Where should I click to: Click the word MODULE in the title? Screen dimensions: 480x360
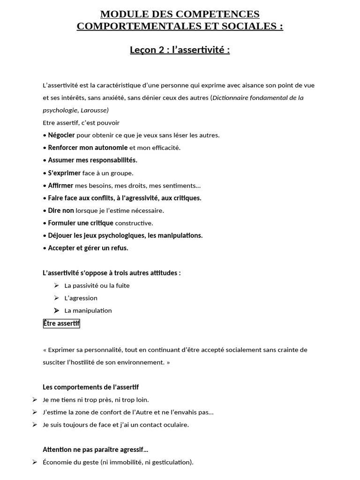[123, 14]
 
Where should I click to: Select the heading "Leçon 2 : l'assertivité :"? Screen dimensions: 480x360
[180, 50]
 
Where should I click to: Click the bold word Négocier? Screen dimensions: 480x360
[61, 135]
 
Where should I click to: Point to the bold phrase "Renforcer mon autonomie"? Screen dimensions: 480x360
[88, 148]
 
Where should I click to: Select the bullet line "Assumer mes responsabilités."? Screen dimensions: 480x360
[92, 160]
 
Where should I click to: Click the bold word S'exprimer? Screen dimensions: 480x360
[64, 173]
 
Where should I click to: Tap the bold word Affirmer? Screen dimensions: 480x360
[60, 186]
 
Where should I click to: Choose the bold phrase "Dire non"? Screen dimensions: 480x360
[61, 210]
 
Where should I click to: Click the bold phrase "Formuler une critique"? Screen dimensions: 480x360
[81, 223]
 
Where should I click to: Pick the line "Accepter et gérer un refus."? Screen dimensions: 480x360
[88, 248]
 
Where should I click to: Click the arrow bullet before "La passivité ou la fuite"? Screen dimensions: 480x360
[56, 285]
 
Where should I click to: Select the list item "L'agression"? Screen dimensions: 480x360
[81, 298]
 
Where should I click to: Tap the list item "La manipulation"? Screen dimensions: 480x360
[88, 310]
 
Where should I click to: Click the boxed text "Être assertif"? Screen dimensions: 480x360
[61, 323]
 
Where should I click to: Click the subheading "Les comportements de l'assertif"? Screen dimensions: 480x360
[90, 387]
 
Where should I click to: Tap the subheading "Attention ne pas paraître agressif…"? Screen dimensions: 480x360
[95, 450]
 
